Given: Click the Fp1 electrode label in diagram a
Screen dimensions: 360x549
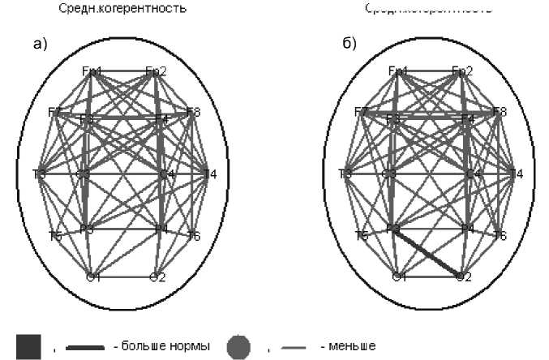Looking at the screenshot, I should click(92, 71).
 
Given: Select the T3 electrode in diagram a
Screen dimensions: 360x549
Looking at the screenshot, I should click(39, 174).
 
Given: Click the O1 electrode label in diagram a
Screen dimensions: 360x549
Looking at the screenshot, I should click(93, 277).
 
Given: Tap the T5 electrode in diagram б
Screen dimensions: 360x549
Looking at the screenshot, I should click(362, 236).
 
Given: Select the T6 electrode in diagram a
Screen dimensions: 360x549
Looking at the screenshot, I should click(193, 236).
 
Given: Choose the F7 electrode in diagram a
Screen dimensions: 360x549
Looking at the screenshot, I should click(55, 112).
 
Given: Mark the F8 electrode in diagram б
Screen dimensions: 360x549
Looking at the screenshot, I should click(499, 112).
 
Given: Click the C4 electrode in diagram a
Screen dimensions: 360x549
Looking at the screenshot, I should click(166, 174).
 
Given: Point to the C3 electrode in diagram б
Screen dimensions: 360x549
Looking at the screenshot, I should click(389, 174).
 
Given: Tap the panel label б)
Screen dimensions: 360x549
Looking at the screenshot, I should click(350, 44).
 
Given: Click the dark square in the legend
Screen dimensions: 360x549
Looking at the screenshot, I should click(28, 347).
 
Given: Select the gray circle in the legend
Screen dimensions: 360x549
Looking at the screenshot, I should click(238, 347).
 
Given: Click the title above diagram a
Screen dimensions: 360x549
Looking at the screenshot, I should click(122, 9).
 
